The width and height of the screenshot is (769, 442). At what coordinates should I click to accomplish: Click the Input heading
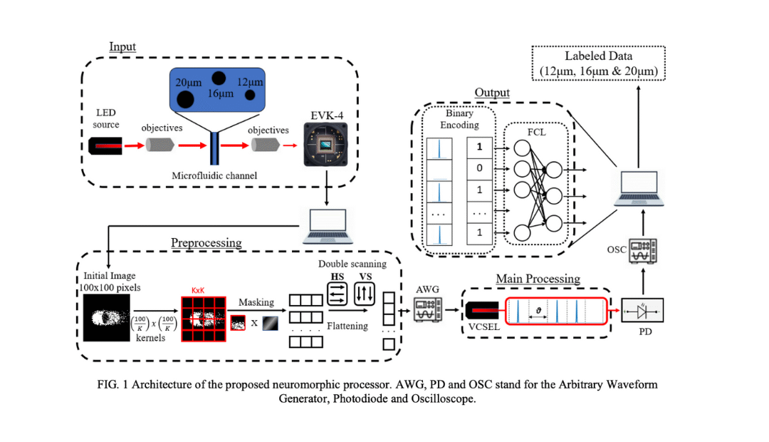[122, 47]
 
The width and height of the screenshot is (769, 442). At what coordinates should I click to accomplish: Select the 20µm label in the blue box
[188, 83]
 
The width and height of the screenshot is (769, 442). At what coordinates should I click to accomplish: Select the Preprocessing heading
[206, 242]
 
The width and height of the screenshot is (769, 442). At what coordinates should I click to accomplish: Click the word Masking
[256, 302]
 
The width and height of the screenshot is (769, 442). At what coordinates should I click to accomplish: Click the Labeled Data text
[597, 56]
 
